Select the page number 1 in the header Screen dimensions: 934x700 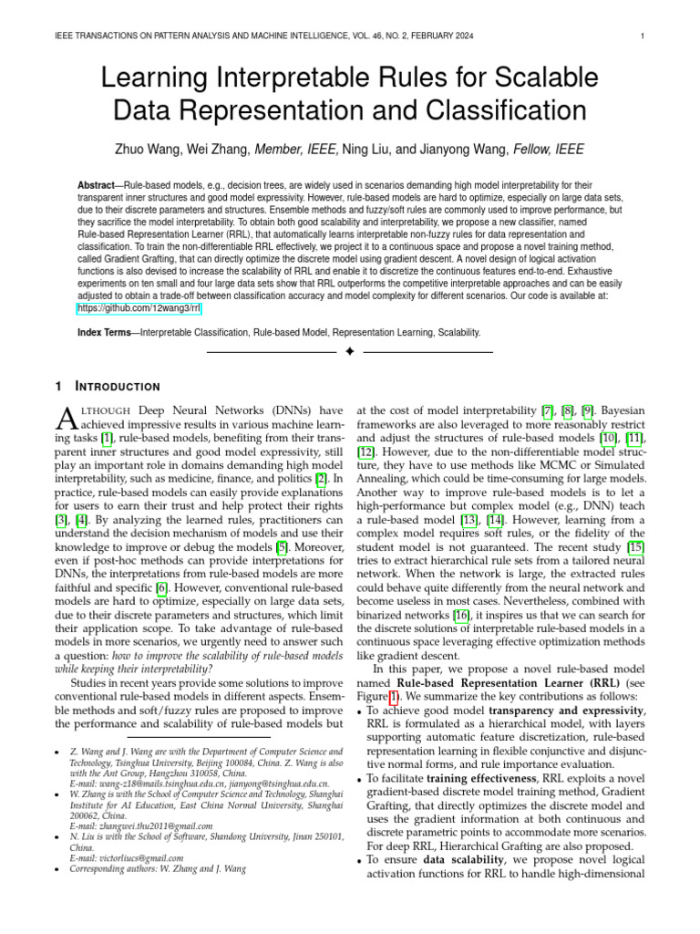pos(643,36)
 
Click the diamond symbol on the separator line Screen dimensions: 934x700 pos(350,351)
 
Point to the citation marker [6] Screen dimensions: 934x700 pos(162,587)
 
